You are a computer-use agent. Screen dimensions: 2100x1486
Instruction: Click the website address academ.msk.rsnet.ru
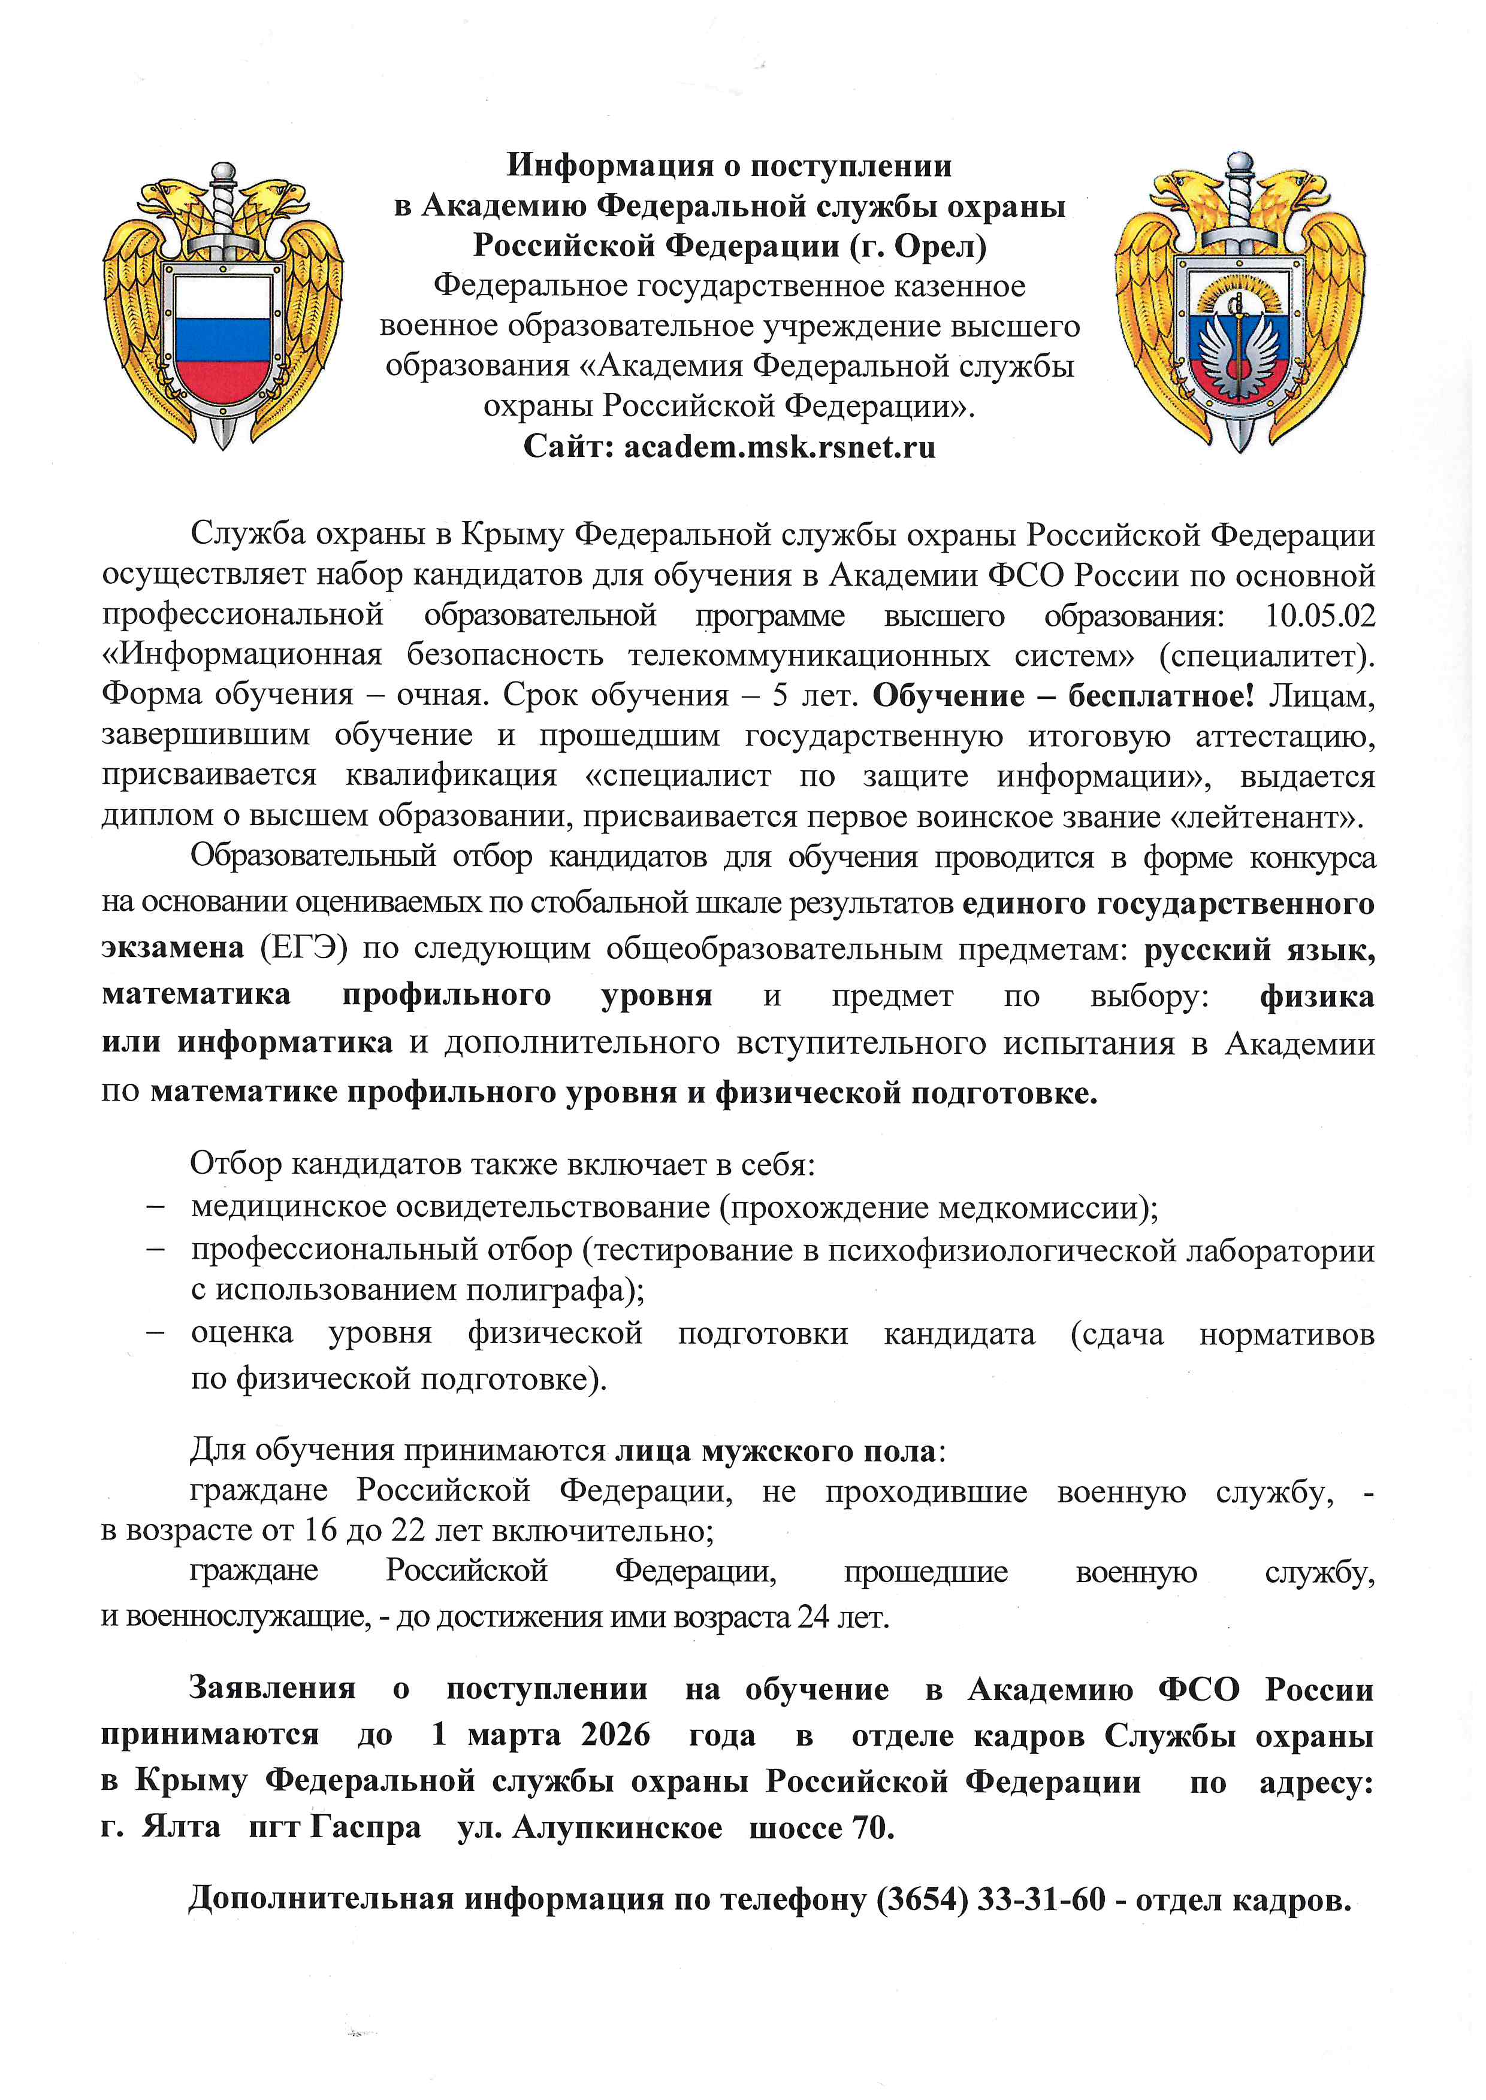pos(780,447)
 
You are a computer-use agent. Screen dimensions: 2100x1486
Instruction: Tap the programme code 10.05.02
pos(1319,616)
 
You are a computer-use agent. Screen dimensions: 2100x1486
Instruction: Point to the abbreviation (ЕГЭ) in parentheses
pos(304,947)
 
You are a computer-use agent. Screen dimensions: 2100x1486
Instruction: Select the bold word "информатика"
pos(285,1042)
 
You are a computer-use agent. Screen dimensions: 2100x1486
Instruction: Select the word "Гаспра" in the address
pos(366,1828)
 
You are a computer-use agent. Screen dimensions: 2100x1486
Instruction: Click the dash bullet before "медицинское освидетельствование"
pos(156,1207)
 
